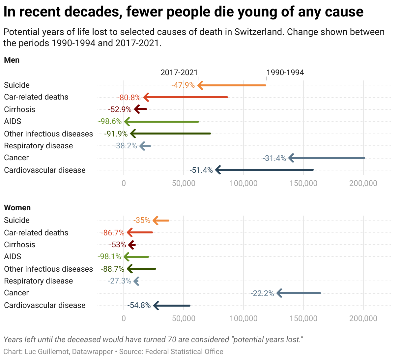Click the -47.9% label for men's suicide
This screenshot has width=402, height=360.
click(183, 85)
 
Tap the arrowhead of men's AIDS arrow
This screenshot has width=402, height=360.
click(127, 122)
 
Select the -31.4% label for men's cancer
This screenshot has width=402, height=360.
click(274, 158)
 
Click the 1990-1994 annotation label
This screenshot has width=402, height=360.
click(285, 73)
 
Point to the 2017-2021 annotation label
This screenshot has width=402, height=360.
click(179, 73)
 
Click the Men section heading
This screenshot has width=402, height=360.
click(12, 60)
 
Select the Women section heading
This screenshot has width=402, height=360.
click(17, 208)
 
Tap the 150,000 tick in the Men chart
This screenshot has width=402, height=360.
click(303, 183)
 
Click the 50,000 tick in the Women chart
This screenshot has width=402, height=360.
click(184, 318)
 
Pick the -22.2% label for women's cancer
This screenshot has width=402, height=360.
click(262, 293)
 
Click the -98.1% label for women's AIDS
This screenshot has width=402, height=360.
click(109, 256)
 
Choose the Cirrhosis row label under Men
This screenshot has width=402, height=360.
click(19, 109)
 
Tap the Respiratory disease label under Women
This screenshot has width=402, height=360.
click(38, 281)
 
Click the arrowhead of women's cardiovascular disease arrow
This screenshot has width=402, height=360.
click(156, 306)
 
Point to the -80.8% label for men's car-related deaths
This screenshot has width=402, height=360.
click(129, 97)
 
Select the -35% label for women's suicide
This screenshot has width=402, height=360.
click(142, 220)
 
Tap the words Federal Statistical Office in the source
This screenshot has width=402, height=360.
click(184, 352)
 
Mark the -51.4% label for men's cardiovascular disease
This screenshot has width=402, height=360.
click(201, 170)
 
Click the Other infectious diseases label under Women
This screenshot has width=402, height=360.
click(48, 269)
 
